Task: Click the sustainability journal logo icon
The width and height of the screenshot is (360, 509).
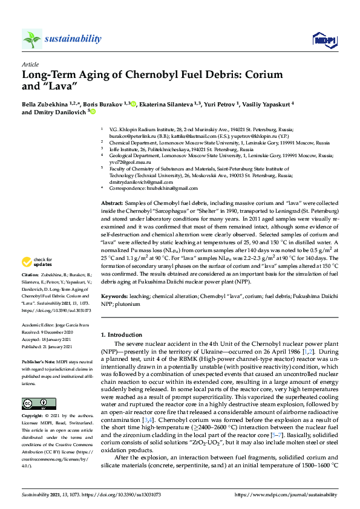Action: pyautogui.click(x=31, y=39)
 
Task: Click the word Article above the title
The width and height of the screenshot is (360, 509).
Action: pyautogui.click(x=30, y=63)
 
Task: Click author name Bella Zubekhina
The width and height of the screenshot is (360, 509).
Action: pyautogui.click(x=44, y=104)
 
